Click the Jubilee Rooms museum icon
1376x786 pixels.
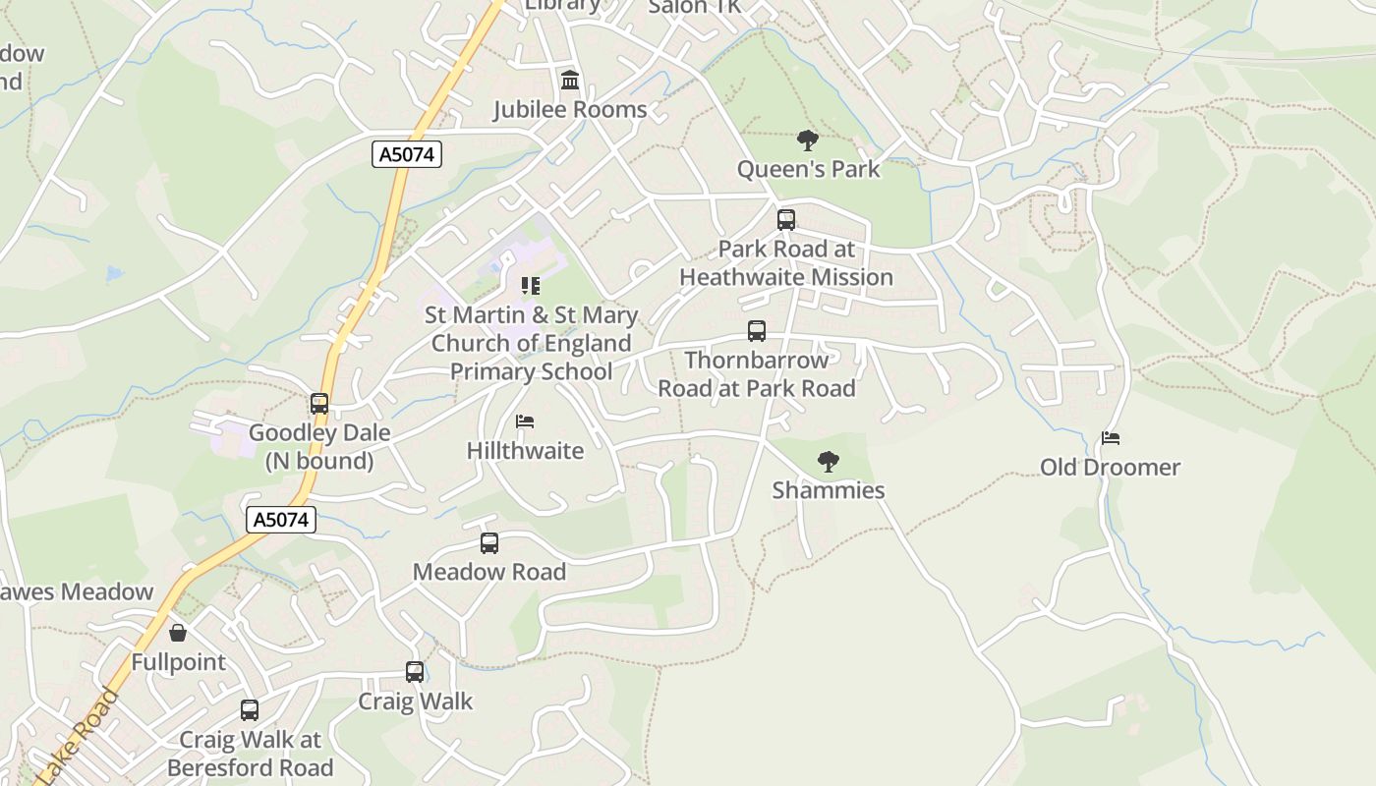point(570,80)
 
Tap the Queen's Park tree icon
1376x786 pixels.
point(808,140)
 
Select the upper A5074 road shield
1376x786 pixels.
point(407,154)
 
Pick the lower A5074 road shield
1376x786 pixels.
point(281,520)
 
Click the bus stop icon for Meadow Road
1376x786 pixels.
point(489,543)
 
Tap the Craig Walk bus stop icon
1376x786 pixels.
point(415,673)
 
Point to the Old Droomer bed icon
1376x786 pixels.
point(1111,438)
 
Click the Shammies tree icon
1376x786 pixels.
point(829,462)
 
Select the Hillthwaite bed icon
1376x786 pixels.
point(525,422)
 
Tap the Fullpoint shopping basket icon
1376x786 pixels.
point(178,634)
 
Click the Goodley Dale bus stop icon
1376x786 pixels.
point(319,404)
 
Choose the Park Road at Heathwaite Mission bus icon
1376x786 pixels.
point(786,220)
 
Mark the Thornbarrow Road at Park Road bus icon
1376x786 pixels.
point(757,331)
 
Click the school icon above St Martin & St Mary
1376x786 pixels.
point(531,286)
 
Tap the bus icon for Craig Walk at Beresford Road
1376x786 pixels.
point(250,710)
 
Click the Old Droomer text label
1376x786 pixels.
point(1111,468)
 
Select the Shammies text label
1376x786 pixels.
point(829,490)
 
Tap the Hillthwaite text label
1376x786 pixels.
point(525,451)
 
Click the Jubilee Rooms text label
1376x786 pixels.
point(570,109)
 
